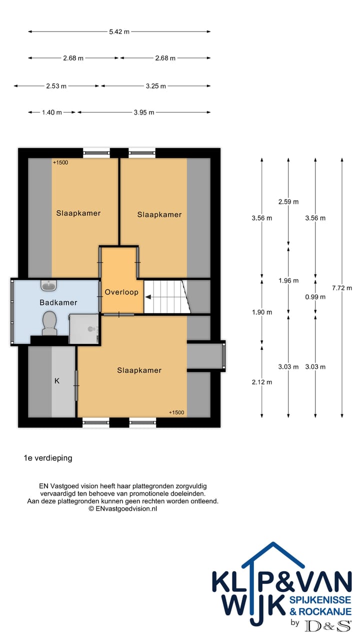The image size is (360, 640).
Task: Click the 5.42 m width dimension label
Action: [119, 32]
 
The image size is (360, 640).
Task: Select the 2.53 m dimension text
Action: [56, 86]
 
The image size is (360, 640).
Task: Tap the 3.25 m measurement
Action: [155, 86]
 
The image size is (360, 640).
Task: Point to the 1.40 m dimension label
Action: [51, 112]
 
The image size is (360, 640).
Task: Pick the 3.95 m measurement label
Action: [144, 112]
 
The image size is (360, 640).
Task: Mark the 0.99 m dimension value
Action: [315, 296]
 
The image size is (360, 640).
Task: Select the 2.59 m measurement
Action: [288, 201]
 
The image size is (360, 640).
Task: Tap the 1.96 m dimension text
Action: [288, 280]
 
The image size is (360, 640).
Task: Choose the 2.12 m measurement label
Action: [262, 382]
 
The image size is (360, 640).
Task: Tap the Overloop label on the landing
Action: [121, 292]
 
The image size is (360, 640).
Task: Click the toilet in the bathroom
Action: [49, 322]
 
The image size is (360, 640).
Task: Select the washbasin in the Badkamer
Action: [49, 285]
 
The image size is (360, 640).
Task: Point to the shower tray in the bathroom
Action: [84, 328]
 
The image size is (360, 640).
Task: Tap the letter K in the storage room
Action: [57, 381]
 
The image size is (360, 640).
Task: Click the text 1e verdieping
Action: [48, 457]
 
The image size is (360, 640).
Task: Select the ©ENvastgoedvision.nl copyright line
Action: [123, 508]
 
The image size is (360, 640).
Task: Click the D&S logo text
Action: [328, 625]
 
